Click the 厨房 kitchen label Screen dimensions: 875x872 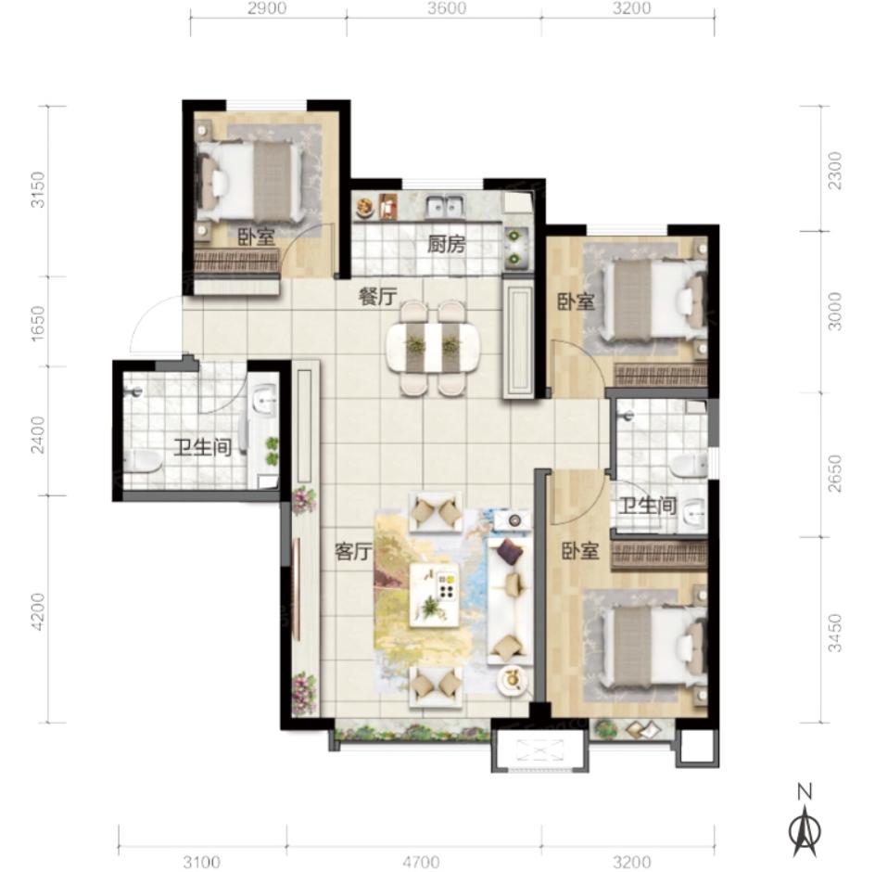[x=446, y=245]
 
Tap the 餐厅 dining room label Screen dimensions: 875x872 [x=378, y=296]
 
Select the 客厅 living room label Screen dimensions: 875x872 [x=353, y=552]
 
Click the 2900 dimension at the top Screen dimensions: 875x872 [x=267, y=8]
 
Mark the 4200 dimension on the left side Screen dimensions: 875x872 [x=37, y=611]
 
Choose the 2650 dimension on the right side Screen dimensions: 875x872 [x=834, y=473]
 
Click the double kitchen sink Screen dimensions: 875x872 [x=445, y=207]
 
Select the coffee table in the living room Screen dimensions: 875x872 [x=436, y=595]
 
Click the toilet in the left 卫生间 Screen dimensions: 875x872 [x=142, y=461]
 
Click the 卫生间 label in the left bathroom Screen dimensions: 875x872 [x=203, y=447]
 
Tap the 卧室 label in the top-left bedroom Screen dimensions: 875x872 [x=257, y=237]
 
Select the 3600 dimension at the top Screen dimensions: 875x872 [x=447, y=8]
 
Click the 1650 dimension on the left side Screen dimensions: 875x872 [x=37, y=323]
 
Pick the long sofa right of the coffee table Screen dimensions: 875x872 [x=510, y=600]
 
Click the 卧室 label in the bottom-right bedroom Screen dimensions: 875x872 [x=580, y=552]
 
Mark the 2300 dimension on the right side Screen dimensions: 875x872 [x=834, y=171]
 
